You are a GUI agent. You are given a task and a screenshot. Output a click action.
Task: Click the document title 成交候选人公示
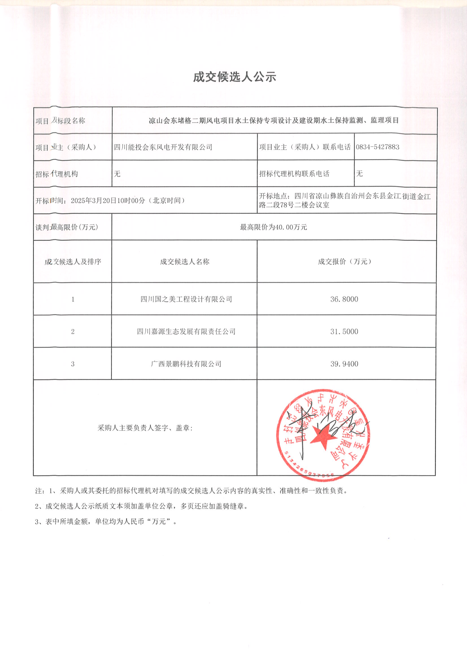234,77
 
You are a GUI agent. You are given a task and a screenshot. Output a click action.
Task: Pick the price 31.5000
344,331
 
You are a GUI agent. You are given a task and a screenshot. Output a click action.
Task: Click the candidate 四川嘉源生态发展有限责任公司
186,331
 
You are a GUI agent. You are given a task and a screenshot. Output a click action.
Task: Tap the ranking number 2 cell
73,331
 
